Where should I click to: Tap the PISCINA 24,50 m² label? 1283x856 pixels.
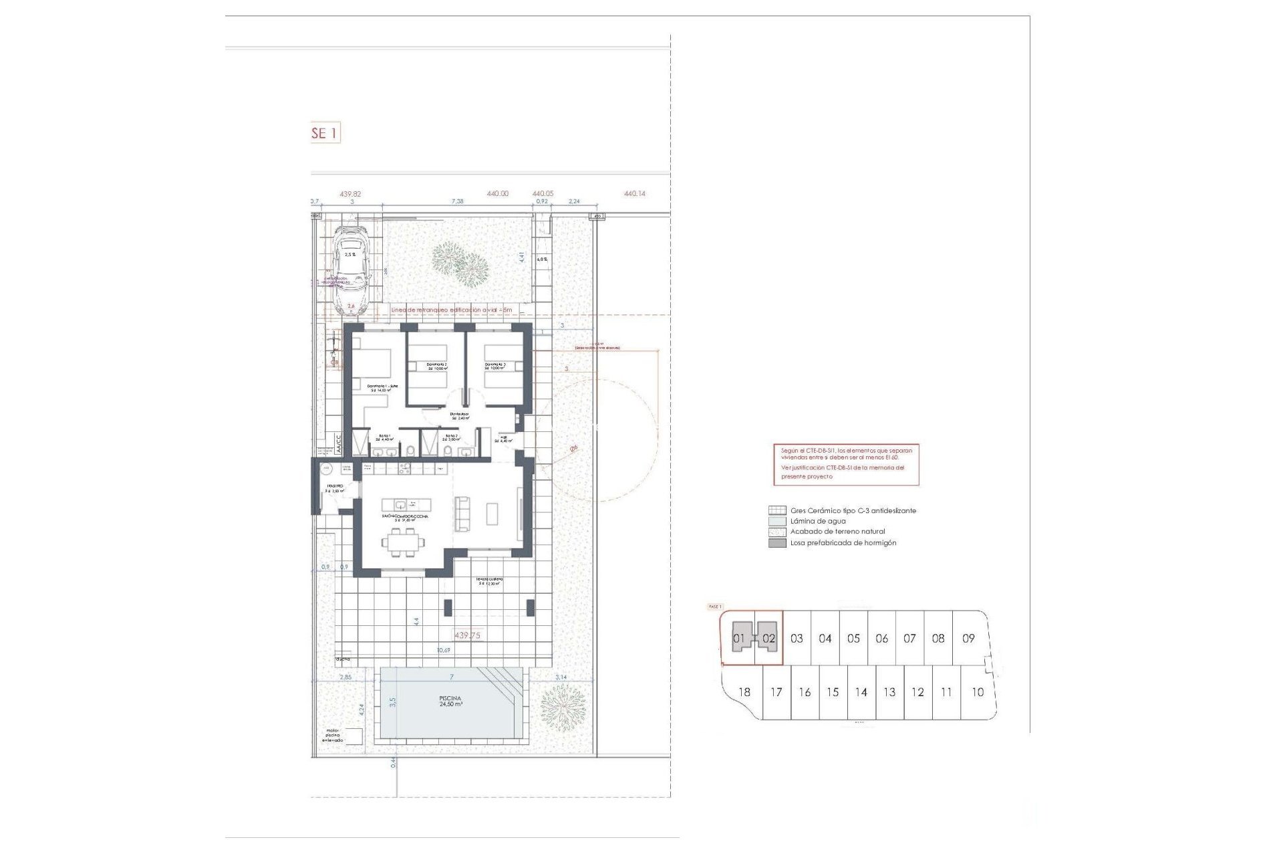tap(451, 701)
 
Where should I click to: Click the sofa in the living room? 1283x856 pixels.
tap(462, 514)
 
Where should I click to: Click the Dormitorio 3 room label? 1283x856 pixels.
tap(495, 366)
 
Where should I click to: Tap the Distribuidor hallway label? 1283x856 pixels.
tap(459, 416)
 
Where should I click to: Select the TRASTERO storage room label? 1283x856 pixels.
tap(335, 488)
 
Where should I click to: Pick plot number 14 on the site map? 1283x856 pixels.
tap(861, 692)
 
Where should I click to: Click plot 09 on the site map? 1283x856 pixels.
tap(968, 639)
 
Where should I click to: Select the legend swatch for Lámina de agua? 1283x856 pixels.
tap(777, 521)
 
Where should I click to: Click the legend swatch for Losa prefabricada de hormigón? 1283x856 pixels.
tap(777, 543)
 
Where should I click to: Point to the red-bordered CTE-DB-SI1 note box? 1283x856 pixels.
tap(846, 465)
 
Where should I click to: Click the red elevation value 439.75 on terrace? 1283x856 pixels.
tap(467, 635)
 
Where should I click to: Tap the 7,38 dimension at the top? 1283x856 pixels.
tap(457, 201)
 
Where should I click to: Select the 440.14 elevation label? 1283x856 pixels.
tap(634, 193)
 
